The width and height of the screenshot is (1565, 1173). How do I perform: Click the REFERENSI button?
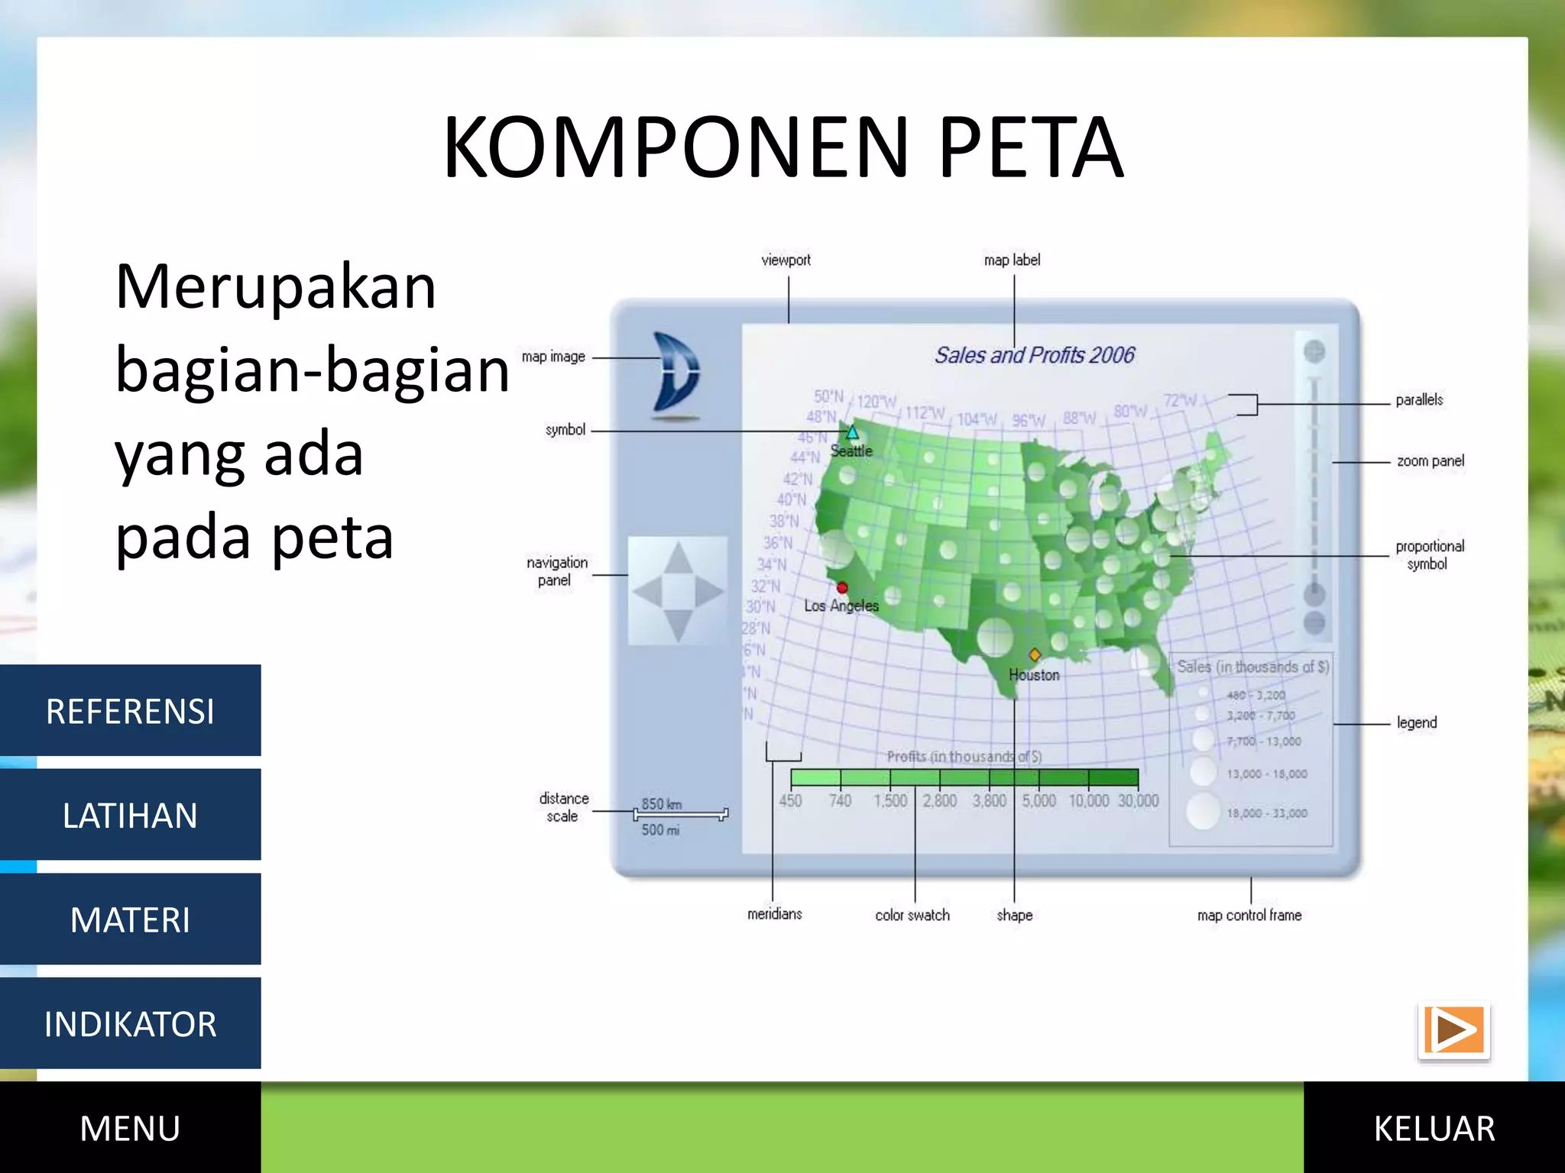coord(130,711)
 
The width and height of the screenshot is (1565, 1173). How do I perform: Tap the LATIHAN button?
coord(130,815)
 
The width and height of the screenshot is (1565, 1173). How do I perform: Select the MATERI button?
coord(130,919)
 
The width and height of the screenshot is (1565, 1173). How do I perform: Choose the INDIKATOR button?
coord(130,1023)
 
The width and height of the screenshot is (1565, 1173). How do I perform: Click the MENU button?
coord(130,1128)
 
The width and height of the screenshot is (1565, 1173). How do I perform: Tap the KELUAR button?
coord(1434,1128)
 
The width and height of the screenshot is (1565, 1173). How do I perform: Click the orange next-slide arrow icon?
coord(1453,1030)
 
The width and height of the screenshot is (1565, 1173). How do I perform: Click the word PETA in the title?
coord(1031,147)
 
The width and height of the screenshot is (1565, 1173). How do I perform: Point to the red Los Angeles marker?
coord(842,587)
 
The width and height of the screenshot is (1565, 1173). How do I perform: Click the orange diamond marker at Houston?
coord(1035,654)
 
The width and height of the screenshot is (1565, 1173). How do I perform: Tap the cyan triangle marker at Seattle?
coord(852,432)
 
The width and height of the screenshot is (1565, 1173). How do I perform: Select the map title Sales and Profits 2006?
coord(1035,355)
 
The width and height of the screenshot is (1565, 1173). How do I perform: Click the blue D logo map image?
coord(676,375)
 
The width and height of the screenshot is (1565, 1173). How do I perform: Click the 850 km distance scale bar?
coord(680,815)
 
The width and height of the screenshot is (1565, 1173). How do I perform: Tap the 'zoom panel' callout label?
coord(1430,461)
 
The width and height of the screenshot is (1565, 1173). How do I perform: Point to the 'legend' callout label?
coord(1416,722)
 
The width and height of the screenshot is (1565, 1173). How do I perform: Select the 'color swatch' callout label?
coord(912,915)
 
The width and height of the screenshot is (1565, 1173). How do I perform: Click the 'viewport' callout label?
coord(786,260)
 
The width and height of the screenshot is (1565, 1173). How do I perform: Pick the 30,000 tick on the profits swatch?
coord(1138,800)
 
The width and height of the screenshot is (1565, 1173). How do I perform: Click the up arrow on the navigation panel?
coord(678,559)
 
